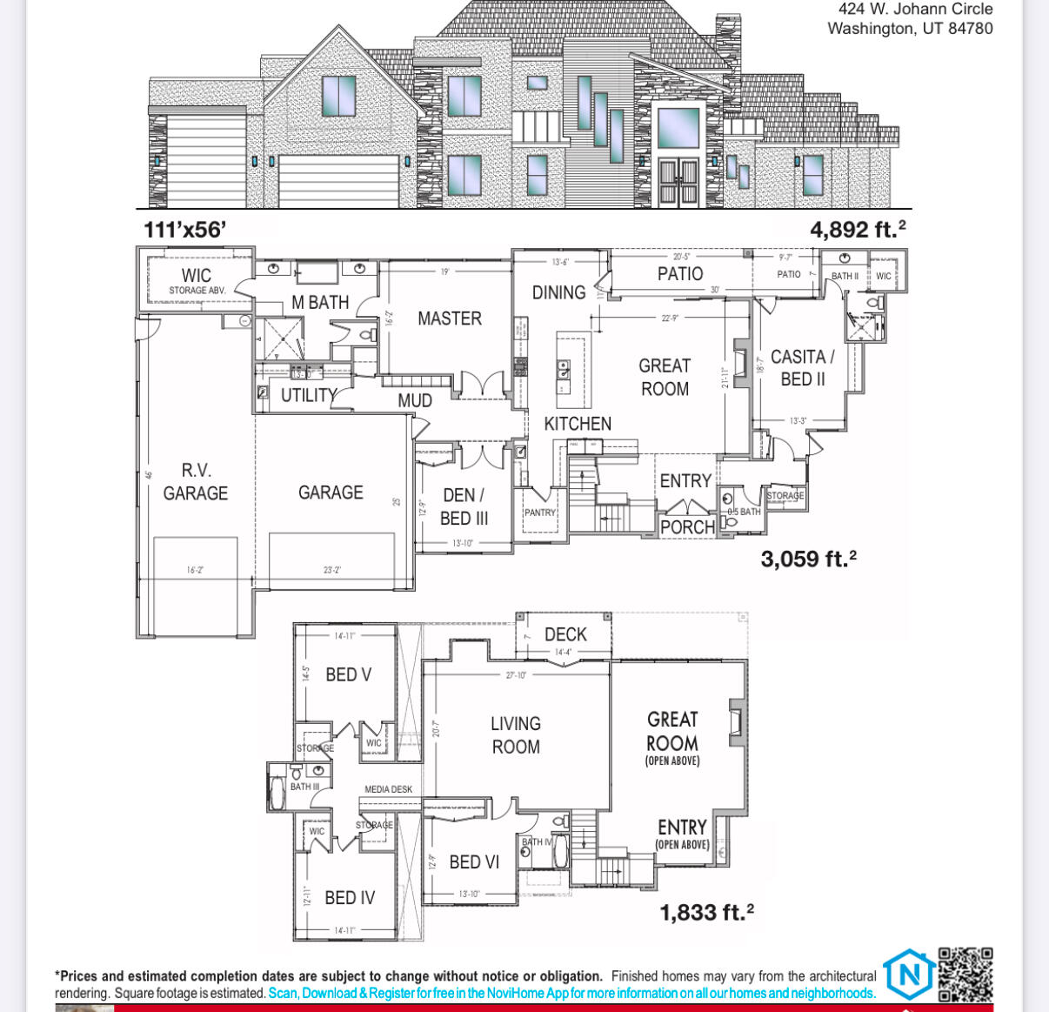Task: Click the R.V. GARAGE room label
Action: click(195, 482)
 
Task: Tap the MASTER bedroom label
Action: click(449, 318)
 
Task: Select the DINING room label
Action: click(558, 292)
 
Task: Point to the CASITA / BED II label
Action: click(802, 368)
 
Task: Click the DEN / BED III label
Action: click(464, 506)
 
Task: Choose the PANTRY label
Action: click(539, 513)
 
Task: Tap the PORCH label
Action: click(687, 527)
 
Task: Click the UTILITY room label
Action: click(308, 395)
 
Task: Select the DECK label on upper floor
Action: click(565, 634)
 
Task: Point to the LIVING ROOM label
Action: click(516, 735)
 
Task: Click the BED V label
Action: click(348, 674)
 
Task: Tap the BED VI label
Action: click(474, 862)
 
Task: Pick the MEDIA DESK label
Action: click(388, 789)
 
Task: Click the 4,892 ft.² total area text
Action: click(858, 230)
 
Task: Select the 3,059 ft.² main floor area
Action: click(808, 559)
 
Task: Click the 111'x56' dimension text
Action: click(185, 230)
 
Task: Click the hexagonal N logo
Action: click(909, 974)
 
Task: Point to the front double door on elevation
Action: click(678, 182)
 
